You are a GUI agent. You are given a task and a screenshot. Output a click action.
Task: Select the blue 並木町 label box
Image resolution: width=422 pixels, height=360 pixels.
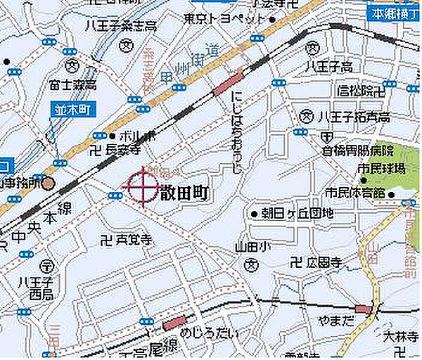pyautogui.click(x=70, y=109)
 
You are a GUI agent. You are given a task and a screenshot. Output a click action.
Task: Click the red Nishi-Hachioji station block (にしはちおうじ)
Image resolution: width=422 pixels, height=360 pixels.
pyautogui.click(x=227, y=84)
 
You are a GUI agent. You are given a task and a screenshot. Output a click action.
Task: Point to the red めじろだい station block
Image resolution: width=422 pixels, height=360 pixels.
pyautogui.click(x=173, y=323)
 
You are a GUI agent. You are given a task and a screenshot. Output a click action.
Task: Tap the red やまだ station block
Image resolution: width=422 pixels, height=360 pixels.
pyautogui.click(x=363, y=309)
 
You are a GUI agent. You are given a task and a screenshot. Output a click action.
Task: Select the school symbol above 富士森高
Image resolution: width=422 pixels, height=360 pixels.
pyautogui.click(x=72, y=67)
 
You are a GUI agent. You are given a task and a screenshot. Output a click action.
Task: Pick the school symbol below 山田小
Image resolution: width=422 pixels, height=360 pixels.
pyautogui.click(x=251, y=264)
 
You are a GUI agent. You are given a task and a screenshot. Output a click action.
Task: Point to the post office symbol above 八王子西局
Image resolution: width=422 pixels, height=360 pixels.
pyautogui.click(x=46, y=266)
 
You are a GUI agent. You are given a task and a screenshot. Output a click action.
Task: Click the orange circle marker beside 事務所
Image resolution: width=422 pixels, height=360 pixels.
pyautogui.click(x=47, y=185)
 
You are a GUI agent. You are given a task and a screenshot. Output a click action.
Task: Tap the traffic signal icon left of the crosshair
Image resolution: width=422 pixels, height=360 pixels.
pyautogui.click(x=115, y=195)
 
